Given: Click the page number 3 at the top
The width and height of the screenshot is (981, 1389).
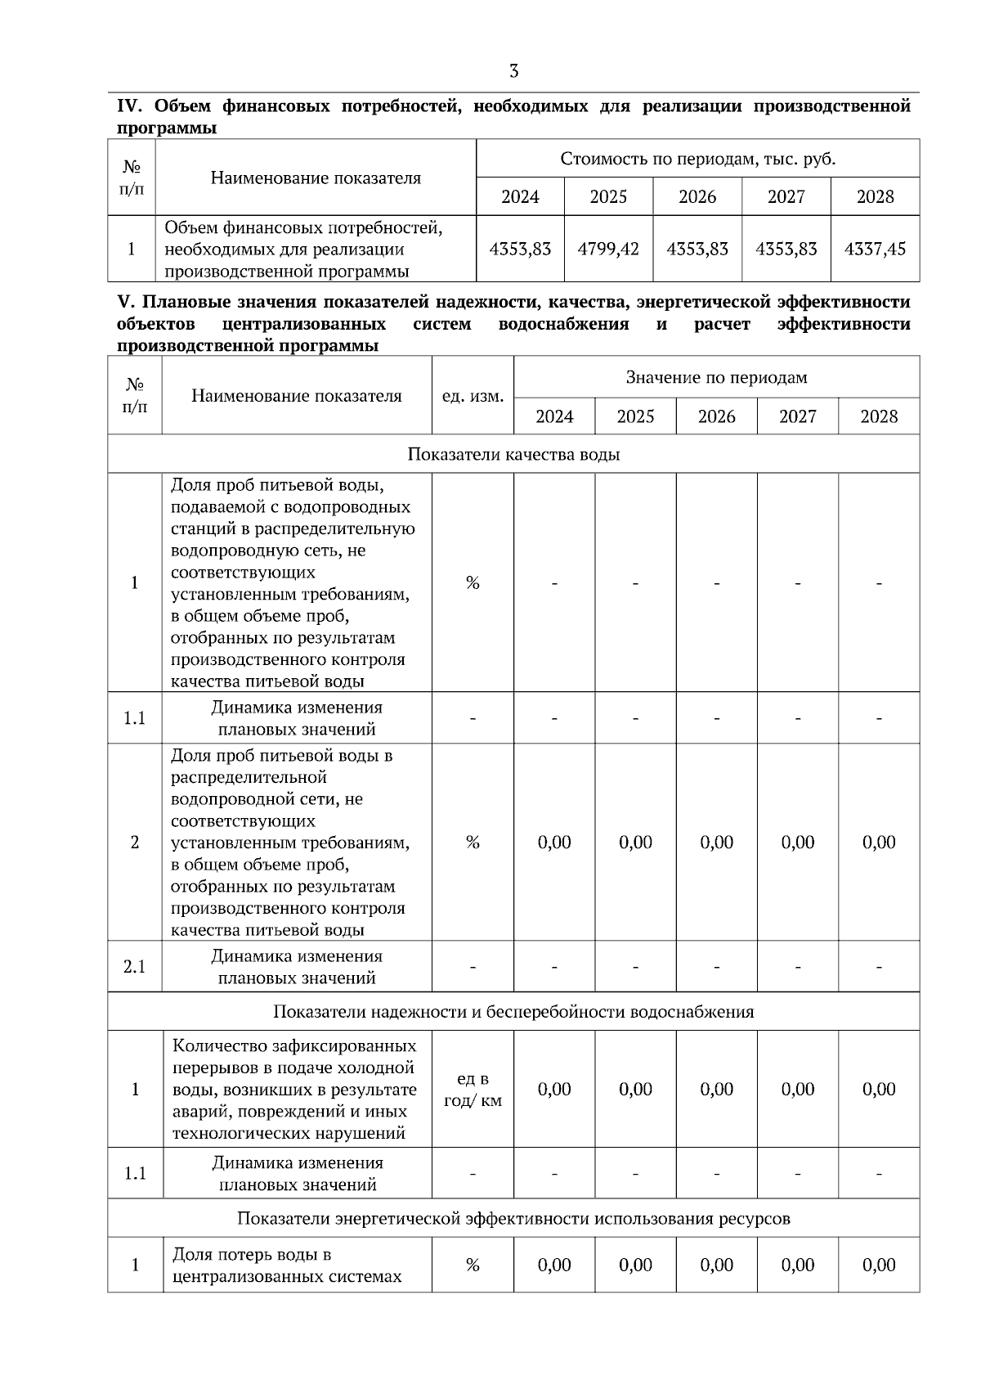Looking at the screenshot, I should pyautogui.click(x=513, y=71).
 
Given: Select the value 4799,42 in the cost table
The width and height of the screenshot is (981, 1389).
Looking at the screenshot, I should pyautogui.click(x=608, y=249).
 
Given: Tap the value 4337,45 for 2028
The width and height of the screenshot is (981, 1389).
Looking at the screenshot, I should pyautogui.click(x=875, y=249).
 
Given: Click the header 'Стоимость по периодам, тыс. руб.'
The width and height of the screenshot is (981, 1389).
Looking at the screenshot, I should pyautogui.click(x=697, y=159).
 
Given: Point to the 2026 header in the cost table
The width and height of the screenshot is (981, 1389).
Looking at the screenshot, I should pyautogui.click(x=697, y=197).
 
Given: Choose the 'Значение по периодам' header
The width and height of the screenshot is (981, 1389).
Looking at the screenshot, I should pyautogui.click(x=716, y=377).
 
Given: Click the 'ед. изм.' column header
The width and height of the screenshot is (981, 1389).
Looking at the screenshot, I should pyautogui.click(x=473, y=396).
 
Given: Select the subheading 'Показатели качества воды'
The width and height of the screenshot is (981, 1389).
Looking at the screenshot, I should pyautogui.click(x=513, y=454).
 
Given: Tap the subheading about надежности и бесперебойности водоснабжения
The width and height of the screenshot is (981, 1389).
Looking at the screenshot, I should pyautogui.click(x=513, y=1012).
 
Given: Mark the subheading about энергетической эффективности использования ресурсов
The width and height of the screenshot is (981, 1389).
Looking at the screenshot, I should pyautogui.click(x=513, y=1218).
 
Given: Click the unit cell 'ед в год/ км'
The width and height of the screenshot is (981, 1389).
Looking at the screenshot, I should pyautogui.click(x=473, y=1090).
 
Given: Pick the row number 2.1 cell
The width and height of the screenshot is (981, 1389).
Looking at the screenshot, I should pyautogui.click(x=135, y=967).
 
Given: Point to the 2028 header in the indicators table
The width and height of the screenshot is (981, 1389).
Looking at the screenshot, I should pyautogui.click(x=879, y=416).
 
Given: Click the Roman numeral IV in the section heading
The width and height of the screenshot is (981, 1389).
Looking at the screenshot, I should pyautogui.click(x=130, y=106).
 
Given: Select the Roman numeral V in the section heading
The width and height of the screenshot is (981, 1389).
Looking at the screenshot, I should pyautogui.click(x=123, y=303).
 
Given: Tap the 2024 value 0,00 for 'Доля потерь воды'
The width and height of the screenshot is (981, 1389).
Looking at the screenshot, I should pyautogui.click(x=554, y=1265).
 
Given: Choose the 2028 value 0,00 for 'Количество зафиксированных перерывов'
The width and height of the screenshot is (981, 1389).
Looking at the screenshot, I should pyautogui.click(x=879, y=1090).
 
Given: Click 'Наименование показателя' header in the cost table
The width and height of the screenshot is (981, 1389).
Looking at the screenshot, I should pyautogui.click(x=316, y=178).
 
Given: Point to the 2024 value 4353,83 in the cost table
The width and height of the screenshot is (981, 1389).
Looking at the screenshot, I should pyautogui.click(x=520, y=249).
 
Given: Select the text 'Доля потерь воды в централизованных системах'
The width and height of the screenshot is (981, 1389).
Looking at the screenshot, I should pyautogui.click(x=287, y=1265).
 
